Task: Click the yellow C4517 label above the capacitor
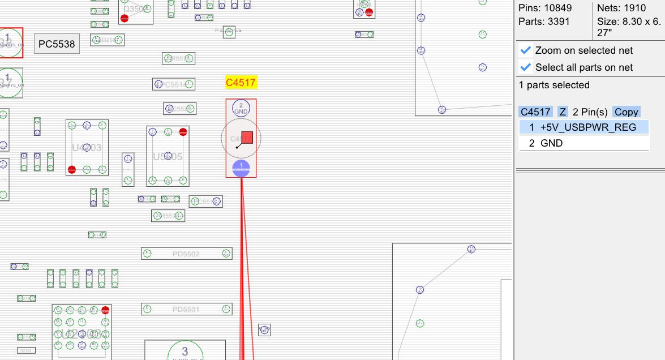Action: [241, 83]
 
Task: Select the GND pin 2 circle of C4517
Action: [241, 108]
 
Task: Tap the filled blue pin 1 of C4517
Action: [241, 167]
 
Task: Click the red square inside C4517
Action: [247, 138]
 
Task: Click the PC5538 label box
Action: [57, 44]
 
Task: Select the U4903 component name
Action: [87, 148]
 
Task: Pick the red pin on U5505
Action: [183, 132]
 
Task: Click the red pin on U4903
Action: [72, 169]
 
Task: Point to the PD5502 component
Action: [186, 254]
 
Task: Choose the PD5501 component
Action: [186, 309]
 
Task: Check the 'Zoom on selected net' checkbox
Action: [526, 50]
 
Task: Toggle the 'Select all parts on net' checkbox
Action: [526, 67]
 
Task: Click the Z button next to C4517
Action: [563, 112]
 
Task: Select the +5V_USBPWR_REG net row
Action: [584, 127]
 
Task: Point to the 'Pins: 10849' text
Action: [545, 8]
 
